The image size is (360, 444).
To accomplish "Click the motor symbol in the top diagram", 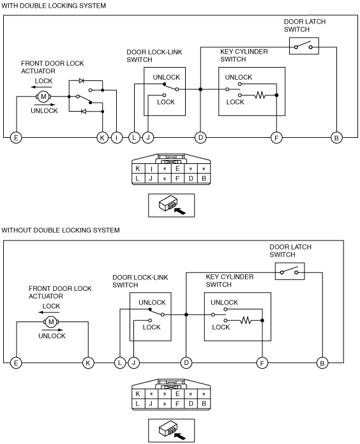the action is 43,96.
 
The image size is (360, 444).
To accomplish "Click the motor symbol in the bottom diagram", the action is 51,322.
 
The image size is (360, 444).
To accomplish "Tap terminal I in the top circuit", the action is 116,138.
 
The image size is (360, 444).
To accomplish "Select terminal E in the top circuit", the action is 16,138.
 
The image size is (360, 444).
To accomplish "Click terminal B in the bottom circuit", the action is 322,363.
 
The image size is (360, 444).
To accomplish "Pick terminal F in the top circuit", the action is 276,138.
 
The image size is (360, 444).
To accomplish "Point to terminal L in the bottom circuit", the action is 120,363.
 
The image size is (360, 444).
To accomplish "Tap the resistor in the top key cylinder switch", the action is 260,95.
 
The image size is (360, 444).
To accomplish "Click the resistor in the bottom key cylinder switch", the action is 246,320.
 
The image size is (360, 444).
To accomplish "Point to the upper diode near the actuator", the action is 82,81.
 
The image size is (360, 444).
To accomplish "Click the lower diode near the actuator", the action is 83,111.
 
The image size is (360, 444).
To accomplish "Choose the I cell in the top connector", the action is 151,169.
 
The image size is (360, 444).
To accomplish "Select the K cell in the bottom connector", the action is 138,394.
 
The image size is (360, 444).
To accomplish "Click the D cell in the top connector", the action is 191,179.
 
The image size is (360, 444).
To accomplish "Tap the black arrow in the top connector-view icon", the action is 180,211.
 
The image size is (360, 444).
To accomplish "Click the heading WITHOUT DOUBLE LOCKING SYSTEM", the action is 61,230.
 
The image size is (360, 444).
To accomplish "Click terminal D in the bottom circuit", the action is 186,363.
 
